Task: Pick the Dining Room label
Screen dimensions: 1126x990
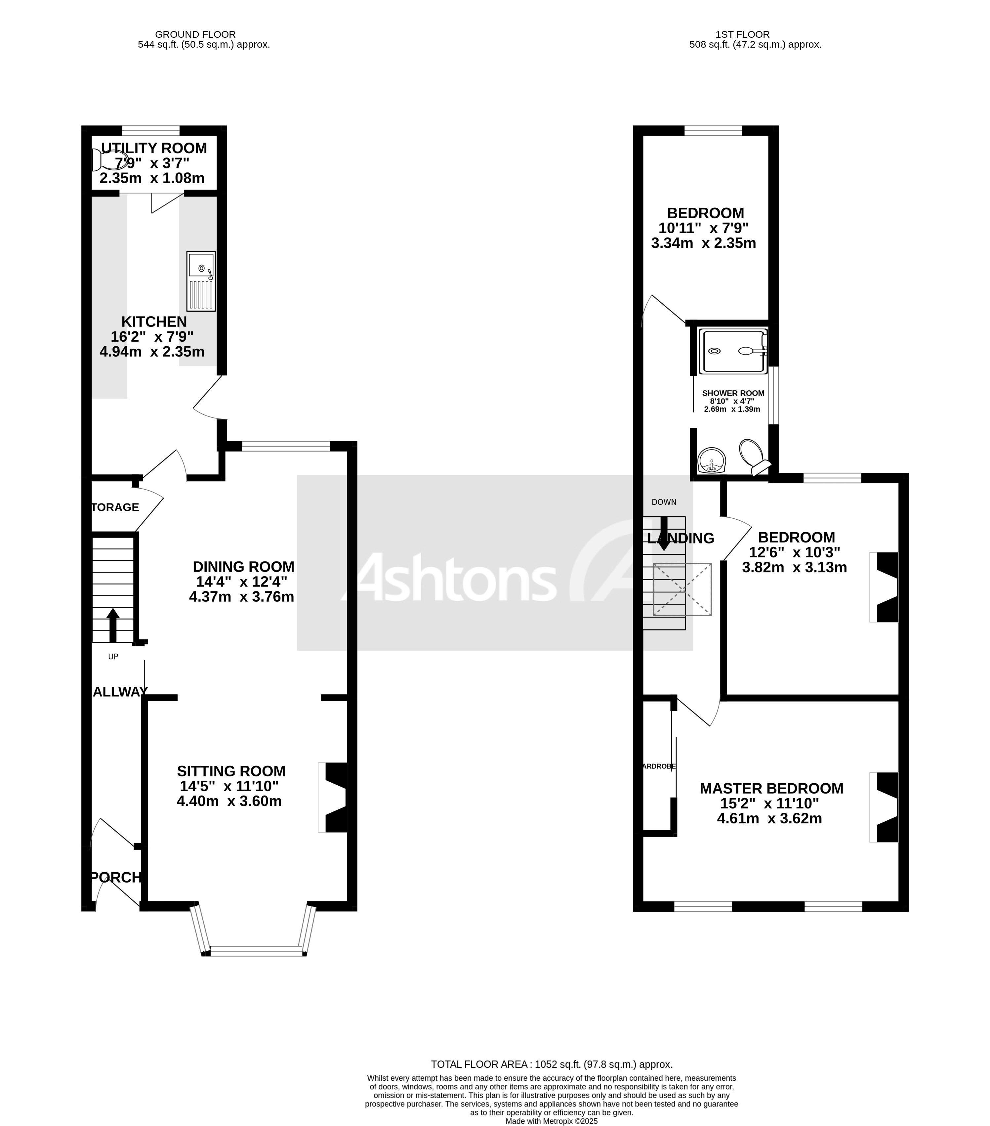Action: tap(243, 566)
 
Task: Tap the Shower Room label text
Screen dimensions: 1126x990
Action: tap(733, 393)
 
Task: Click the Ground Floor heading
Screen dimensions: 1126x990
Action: tap(195, 34)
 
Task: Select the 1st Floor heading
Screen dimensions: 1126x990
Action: tap(743, 34)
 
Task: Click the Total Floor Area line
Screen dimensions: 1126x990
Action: tap(551, 1064)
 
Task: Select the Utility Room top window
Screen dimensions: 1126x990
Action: tap(150, 130)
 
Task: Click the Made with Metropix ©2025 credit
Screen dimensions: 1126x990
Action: tap(551, 1120)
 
